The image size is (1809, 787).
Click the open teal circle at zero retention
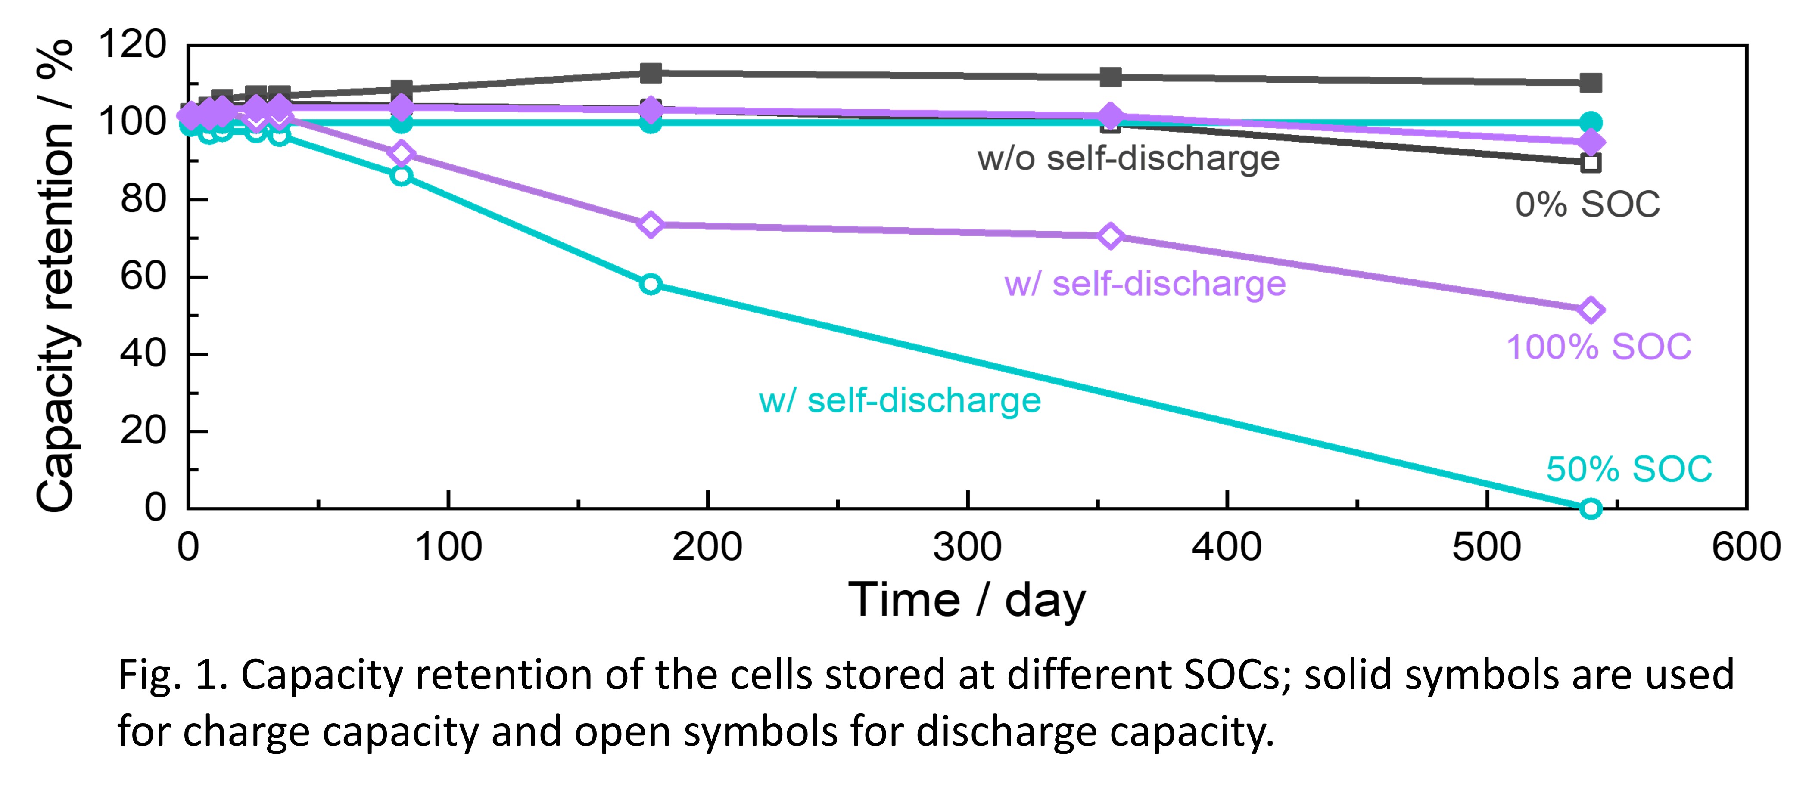[x=1591, y=508]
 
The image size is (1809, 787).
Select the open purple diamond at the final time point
[x=1591, y=310]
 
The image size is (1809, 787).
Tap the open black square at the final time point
[x=1591, y=163]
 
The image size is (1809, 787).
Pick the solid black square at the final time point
[x=1591, y=83]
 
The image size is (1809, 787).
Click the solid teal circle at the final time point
[x=1591, y=122]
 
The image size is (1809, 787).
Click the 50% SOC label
[x=1628, y=469]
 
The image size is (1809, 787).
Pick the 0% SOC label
[x=1587, y=205]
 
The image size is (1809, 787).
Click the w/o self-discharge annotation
[x=1128, y=158]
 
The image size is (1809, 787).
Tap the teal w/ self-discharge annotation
[x=900, y=401]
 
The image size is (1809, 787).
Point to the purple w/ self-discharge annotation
[x=1145, y=284]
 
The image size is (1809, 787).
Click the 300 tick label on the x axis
[x=967, y=547]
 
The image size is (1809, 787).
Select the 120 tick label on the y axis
[x=132, y=44]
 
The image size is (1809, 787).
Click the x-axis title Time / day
[x=967, y=600]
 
